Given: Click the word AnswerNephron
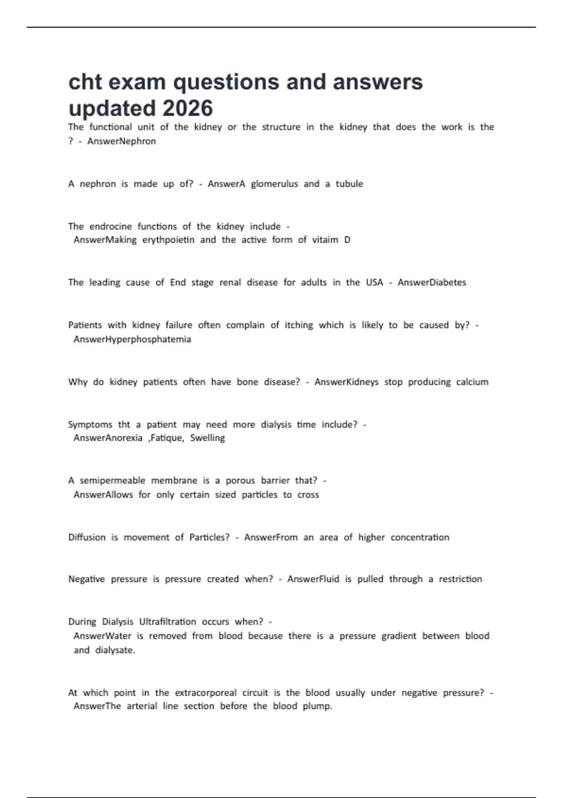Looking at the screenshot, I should (122, 141).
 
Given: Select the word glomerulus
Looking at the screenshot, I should (274, 184).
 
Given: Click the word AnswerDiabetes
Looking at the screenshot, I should (432, 283).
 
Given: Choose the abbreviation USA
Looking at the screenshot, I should (374, 283).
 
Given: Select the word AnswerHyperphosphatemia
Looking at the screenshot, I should (132, 339).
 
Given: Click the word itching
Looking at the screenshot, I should (298, 325).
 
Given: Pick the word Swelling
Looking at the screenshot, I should (207, 438).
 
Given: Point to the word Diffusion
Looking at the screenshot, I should (87, 537).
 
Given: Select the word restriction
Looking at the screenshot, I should (460, 579).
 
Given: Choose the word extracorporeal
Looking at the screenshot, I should (205, 693).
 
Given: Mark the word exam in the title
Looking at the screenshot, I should (138, 82).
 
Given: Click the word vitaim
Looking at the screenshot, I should (325, 240).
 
